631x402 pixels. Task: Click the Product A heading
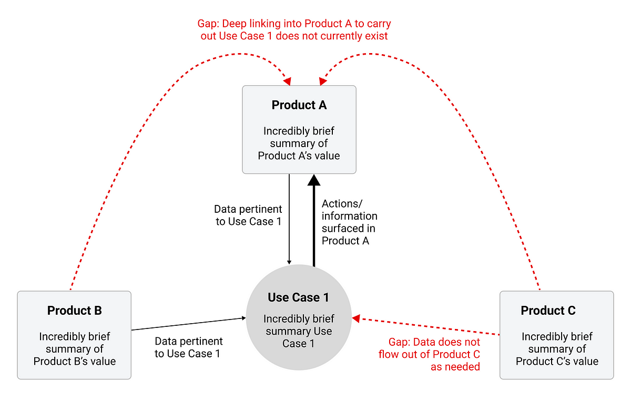tap(299, 105)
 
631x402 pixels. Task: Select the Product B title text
tap(74, 311)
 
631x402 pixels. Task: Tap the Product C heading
tap(548, 311)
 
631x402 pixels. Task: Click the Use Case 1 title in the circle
tap(298, 297)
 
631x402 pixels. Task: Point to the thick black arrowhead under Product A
tap(314, 180)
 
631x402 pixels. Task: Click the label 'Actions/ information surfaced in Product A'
tap(349, 222)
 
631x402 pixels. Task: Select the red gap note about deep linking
tap(294, 30)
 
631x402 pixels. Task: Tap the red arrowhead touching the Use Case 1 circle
tap(356, 318)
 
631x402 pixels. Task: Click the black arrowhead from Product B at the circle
tap(243, 318)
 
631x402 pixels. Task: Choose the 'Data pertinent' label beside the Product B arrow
tap(188, 347)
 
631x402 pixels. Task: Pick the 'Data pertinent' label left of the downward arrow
tap(248, 215)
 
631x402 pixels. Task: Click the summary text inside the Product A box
tap(299, 143)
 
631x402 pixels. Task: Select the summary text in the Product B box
tap(74, 348)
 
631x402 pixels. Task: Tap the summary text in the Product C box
tap(557, 348)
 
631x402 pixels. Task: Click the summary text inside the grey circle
tap(299, 331)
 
